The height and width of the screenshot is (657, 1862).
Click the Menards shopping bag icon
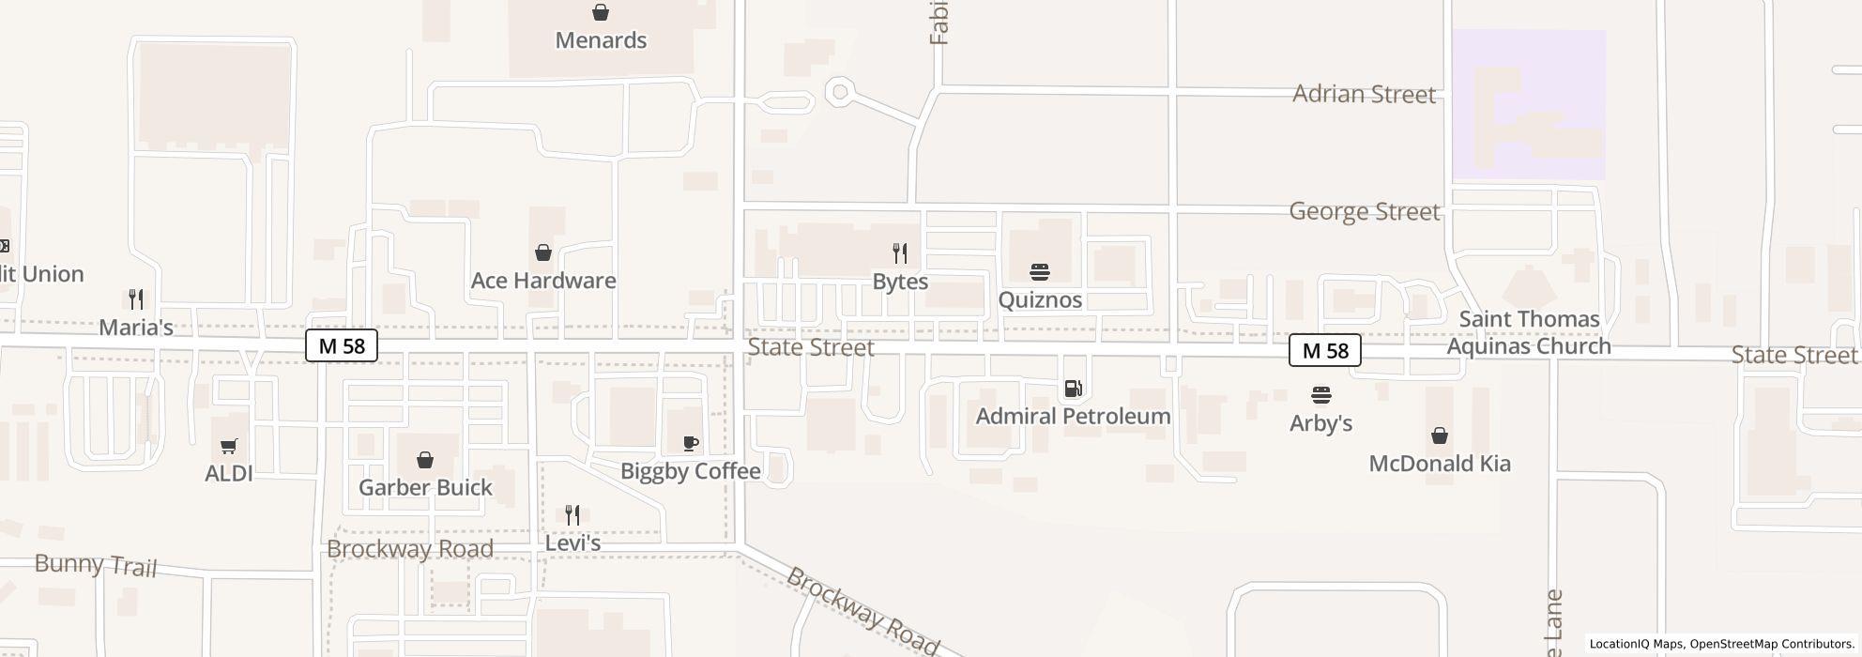(x=601, y=12)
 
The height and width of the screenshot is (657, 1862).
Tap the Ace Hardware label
(x=543, y=281)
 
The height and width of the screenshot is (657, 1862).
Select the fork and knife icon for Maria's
(x=136, y=299)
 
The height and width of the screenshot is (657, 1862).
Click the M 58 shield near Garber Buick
(x=342, y=345)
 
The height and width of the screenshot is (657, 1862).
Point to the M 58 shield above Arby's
(x=1324, y=350)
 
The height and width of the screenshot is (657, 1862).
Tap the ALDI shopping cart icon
(x=229, y=446)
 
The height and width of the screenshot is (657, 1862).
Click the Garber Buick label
(x=425, y=487)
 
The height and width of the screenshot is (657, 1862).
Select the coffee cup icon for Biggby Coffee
(x=691, y=443)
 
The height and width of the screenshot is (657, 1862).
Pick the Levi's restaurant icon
(x=572, y=514)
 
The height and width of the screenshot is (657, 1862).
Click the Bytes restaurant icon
(x=900, y=253)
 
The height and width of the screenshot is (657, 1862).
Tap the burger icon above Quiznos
(x=1039, y=272)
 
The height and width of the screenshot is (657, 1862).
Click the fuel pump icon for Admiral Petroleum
(x=1073, y=389)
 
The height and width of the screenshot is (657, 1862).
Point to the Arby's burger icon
(x=1321, y=395)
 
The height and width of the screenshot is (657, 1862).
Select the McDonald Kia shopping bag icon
(x=1439, y=435)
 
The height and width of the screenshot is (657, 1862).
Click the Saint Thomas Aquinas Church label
(x=1529, y=332)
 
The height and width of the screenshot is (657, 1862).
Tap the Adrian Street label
(x=1364, y=94)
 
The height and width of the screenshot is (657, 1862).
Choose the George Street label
(x=1364, y=211)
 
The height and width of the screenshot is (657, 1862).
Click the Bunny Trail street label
(x=96, y=564)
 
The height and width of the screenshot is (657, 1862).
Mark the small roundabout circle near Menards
(x=840, y=92)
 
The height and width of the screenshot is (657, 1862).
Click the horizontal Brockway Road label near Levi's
(x=410, y=548)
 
